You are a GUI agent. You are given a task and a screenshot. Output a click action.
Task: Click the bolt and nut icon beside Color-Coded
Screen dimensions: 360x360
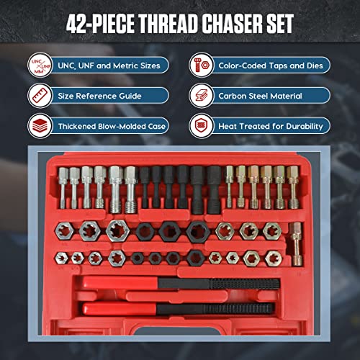[x=202, y=66]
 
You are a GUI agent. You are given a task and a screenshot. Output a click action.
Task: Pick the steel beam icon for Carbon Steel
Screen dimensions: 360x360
[x=202, y=95]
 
